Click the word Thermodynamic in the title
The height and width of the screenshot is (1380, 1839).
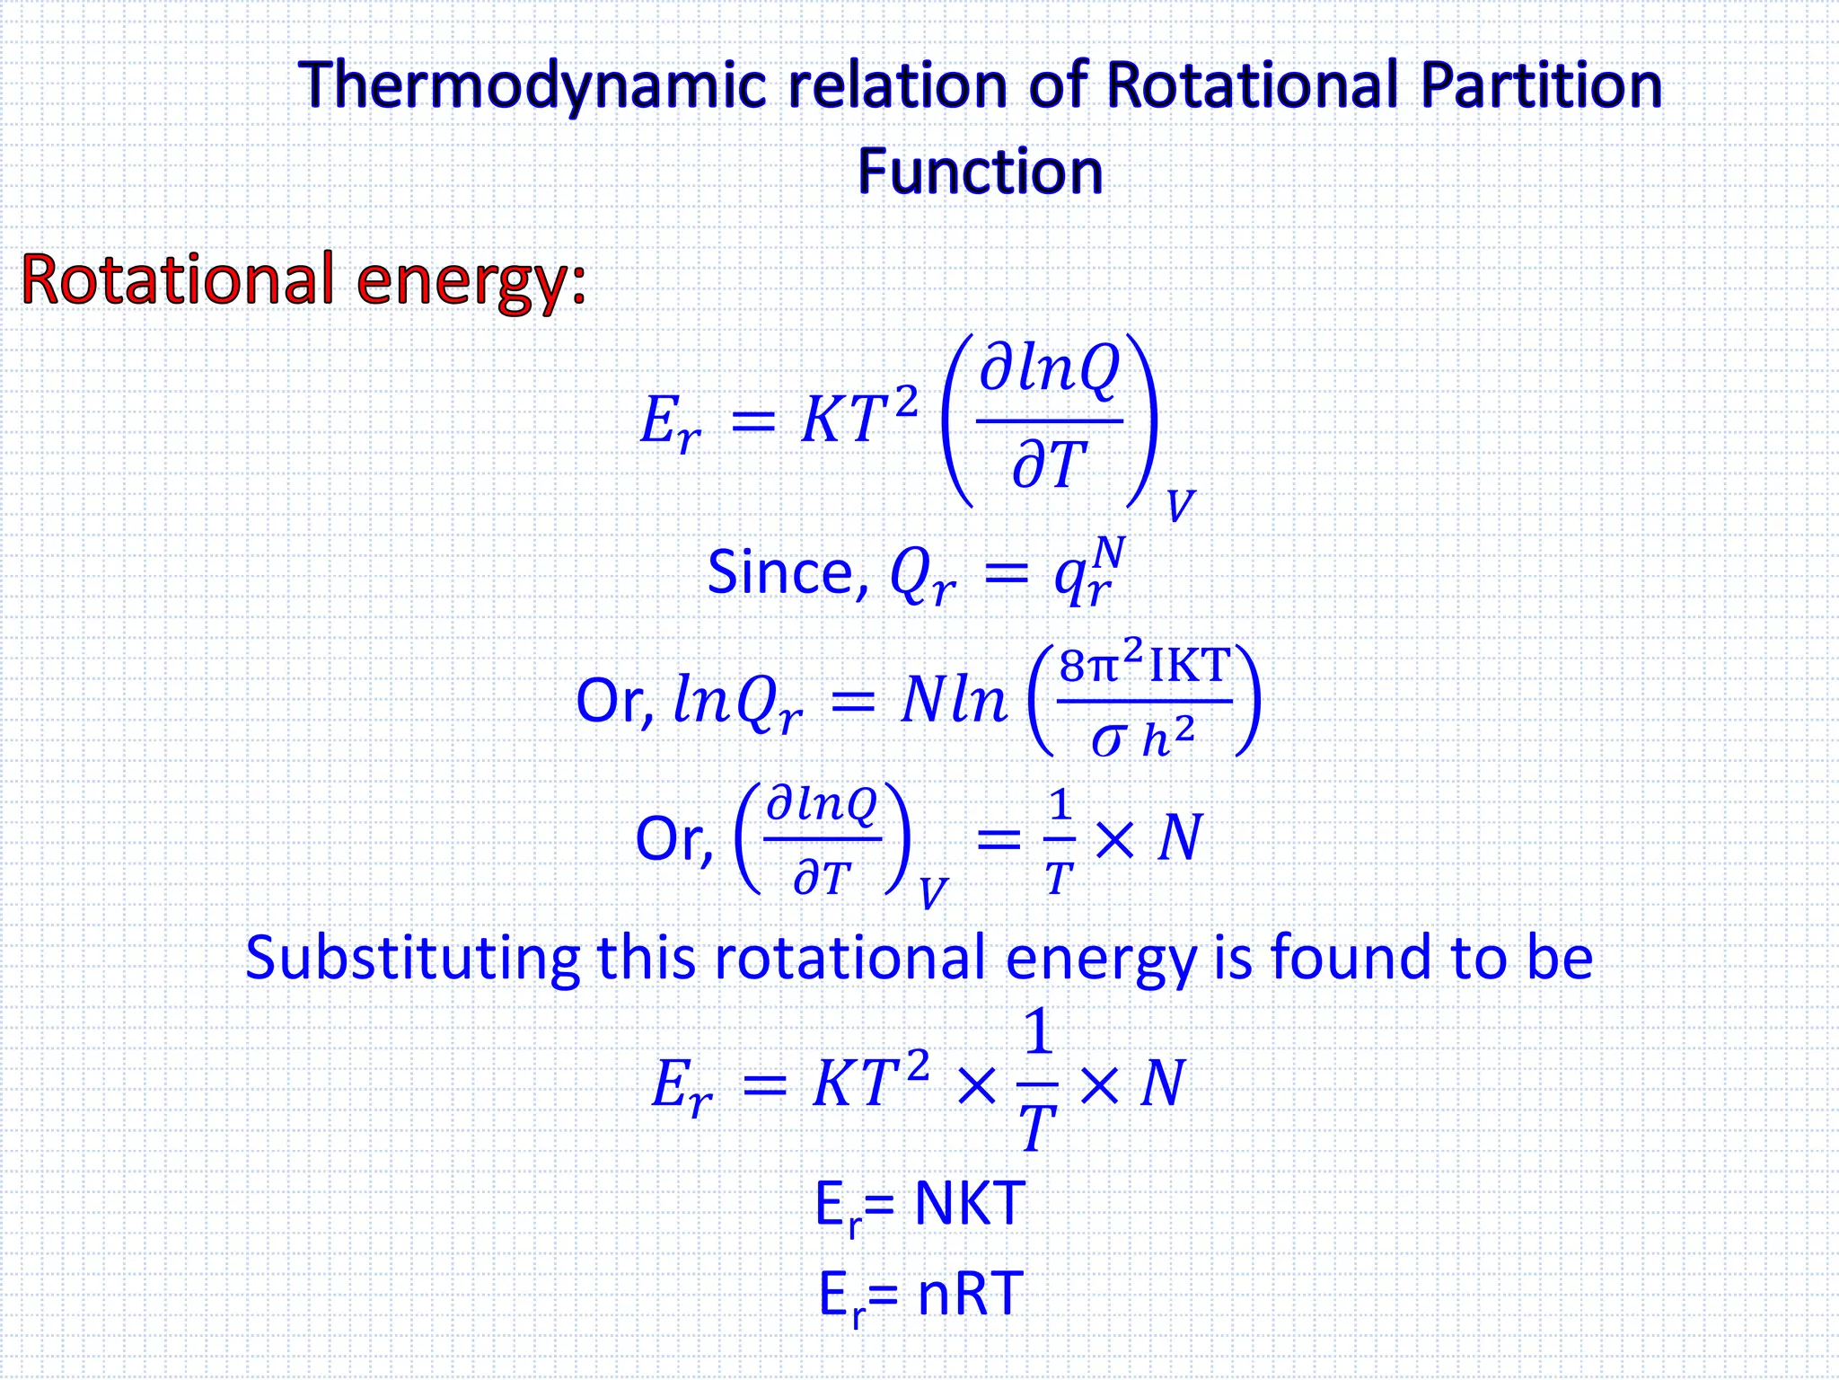[x=533, y=86]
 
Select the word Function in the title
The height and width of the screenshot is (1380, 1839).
[x=980, y=172]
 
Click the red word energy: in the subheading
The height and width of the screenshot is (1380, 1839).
[x=471, y=281]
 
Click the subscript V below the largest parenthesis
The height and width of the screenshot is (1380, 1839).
[x=1180, y=506]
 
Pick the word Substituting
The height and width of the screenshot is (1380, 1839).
[x=412, y=958]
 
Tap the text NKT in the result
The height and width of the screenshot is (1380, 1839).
[x=970, y=1204]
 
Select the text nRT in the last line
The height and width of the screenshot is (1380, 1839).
[x=970, y=1295]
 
